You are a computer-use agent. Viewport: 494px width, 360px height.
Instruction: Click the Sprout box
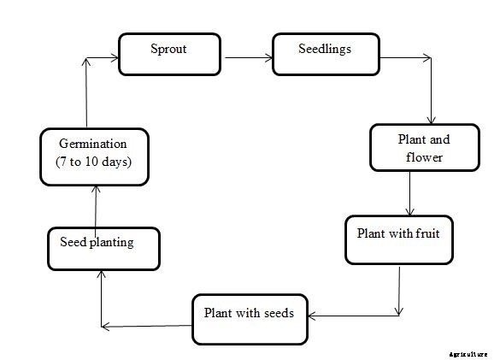pos(169,54)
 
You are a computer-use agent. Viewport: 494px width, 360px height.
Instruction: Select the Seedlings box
pos(323,54)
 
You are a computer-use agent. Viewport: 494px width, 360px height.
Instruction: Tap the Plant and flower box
pos(410,147)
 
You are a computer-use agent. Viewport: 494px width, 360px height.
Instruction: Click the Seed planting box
pos(103,247)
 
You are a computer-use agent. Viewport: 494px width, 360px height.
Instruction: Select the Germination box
pos(95,156)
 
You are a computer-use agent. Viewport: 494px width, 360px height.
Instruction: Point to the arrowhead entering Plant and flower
pos(433,119)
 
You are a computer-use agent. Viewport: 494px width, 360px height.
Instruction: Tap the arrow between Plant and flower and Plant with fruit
pos(411,192)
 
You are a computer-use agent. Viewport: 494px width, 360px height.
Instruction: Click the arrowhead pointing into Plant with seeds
pos(312,316)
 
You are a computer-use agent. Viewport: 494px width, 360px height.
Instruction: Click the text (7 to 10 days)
pos(94,163)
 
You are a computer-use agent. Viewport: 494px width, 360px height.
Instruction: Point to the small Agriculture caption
pos(468,352)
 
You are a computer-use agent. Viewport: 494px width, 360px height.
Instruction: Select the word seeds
pos(276,312)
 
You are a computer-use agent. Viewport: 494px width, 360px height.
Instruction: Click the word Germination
pos(95,144)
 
